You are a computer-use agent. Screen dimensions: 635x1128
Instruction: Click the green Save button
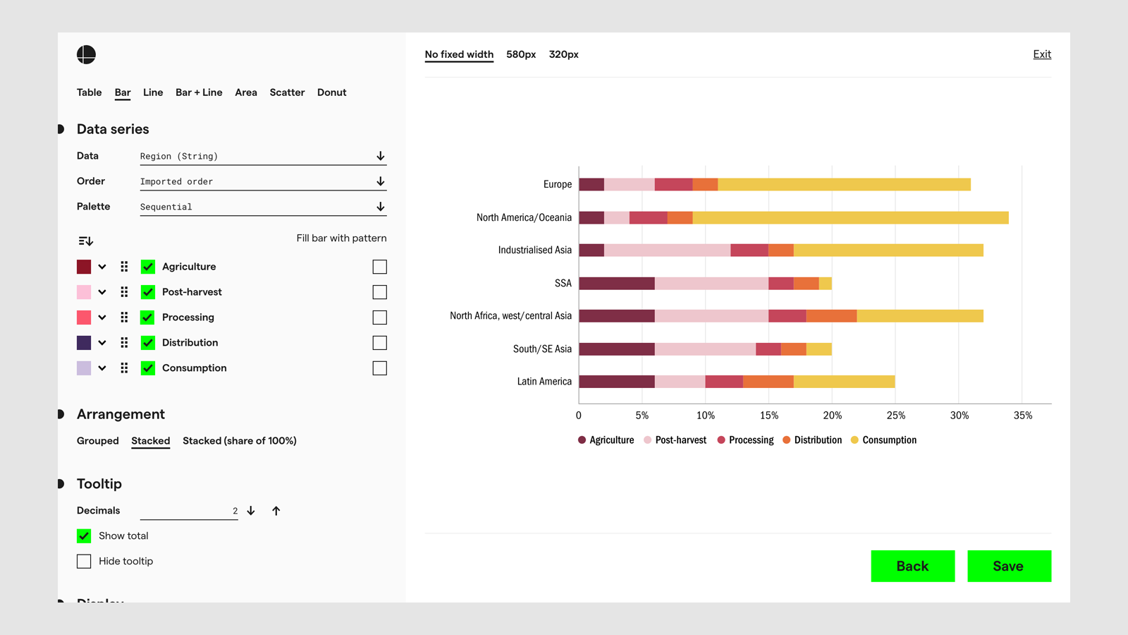[1009, 566]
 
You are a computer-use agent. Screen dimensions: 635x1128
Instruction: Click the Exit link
[1042, 54]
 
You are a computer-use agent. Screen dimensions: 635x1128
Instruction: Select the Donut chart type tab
[331, 92]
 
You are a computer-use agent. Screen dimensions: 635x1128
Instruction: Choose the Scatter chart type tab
[287, 92]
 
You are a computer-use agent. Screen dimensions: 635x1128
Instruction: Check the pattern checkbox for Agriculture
[379, 267]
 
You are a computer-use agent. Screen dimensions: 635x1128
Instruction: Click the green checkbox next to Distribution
[148, 343]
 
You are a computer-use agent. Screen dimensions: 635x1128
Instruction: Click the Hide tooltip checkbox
[84, 561]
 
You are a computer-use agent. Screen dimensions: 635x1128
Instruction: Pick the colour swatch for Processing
[84, 317]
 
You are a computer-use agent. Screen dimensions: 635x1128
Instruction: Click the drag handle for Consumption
[124, 368]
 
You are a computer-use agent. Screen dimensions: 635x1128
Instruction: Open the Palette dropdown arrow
[380, 207]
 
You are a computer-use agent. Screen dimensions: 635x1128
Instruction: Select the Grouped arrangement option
[97, 441]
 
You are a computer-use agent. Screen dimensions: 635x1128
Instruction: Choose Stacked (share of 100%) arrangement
[239, 441]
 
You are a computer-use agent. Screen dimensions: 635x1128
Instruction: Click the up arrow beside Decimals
[276, 511]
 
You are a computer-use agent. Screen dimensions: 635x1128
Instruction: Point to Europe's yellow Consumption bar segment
[844, 185]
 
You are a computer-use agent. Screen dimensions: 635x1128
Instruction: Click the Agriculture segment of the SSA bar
[617, 283]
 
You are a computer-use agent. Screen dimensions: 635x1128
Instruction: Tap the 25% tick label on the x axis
[895, 416]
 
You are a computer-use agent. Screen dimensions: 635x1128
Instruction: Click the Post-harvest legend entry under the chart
[680, 440]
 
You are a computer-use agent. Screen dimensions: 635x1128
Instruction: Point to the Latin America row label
[544, 382]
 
